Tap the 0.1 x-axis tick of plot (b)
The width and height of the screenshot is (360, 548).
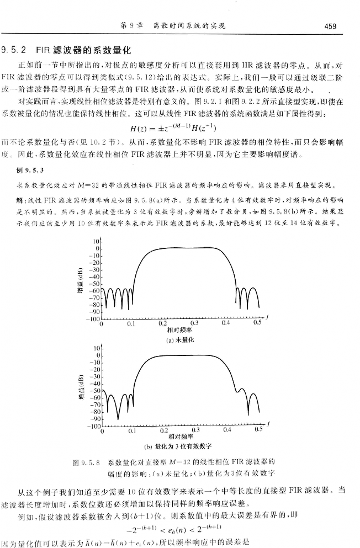132,431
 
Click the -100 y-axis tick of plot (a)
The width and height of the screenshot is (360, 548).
92,319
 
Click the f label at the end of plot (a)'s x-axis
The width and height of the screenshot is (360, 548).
267,316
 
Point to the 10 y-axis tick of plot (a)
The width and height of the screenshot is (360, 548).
96,242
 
